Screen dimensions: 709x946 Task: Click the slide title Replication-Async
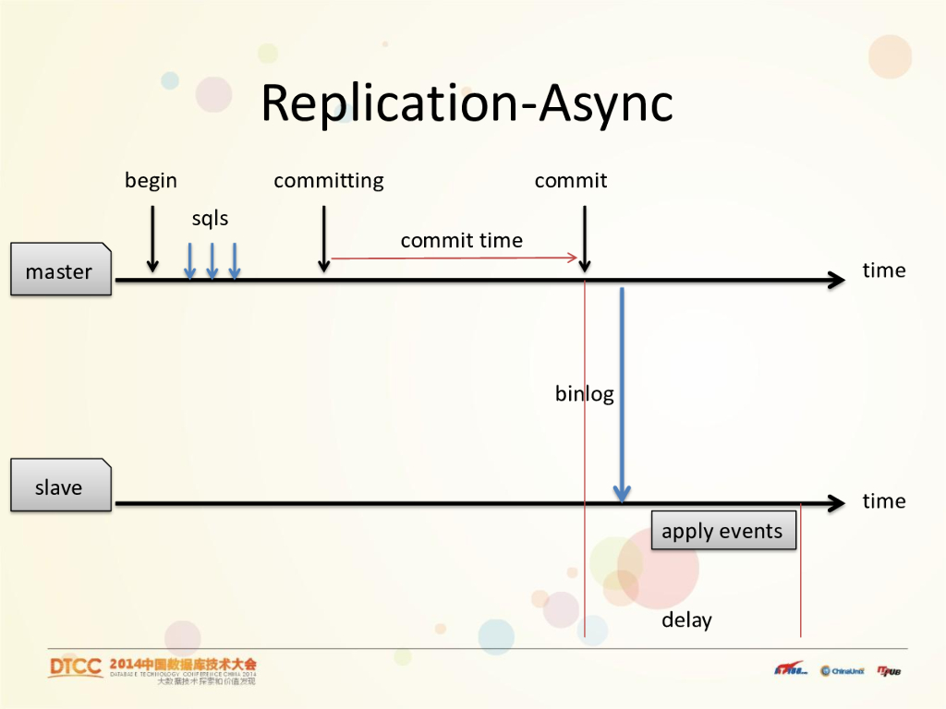(x=467, y=103)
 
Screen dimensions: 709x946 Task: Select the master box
(x=60, y=270)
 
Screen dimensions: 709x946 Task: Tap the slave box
(x=60, y=487)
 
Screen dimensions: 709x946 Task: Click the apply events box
(x=722, y=531)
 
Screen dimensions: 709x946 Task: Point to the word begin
(x=151, y=180)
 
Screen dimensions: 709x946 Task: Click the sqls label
(x=210, y=219)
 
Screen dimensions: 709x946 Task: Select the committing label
(x=329, y=180)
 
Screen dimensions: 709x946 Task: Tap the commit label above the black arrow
(x=571, y=180)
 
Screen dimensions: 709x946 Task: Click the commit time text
(x=461, y=240)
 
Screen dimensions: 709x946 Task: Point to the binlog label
(x=584, y=393)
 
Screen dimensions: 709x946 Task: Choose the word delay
(x=686, y=619)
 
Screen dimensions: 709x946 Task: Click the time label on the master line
(x=883, y=270)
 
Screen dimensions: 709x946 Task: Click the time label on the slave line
(x=883, y=501)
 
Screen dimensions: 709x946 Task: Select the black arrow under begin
(x=152, y=238)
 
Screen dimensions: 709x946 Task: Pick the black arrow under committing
(x=324, y=238)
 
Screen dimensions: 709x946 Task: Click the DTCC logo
(x=76, y=667)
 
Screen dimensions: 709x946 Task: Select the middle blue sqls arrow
(x=212, y=260)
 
